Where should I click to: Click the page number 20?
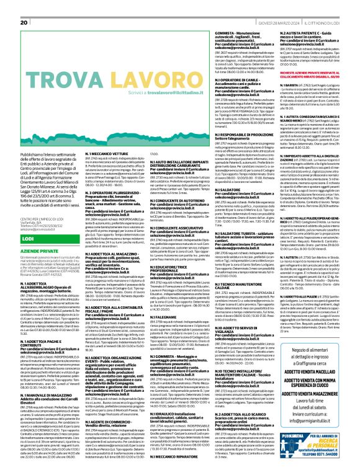(24, 22)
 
